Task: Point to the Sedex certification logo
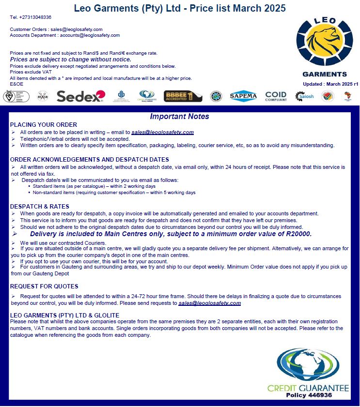tap(80, 96)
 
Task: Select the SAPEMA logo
tap(243, 96)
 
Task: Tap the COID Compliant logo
tap(276, 96)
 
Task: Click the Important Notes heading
tap(179, 117)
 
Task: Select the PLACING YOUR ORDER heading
tap(44, 125)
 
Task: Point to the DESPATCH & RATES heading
tap(40, 207)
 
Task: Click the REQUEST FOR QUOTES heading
tap(44, 286)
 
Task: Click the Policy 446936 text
tap(309, 395)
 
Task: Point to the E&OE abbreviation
tap(16, 84)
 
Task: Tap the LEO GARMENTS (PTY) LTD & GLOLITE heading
tap(64, 315)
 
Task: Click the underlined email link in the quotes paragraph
tap(209, 303)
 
